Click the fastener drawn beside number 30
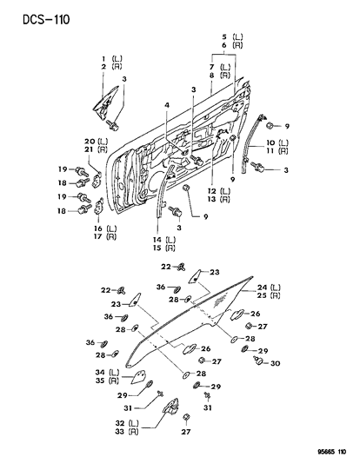[x=258, y=363]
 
